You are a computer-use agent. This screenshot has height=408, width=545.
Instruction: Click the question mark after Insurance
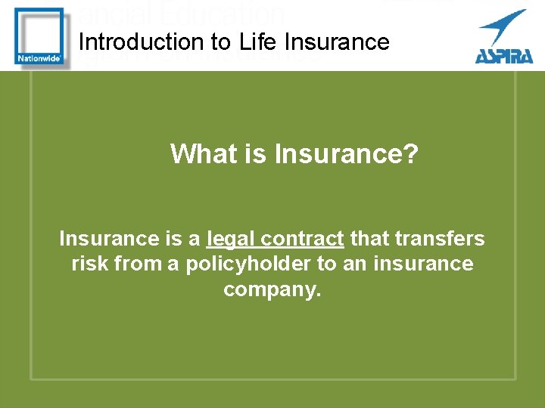tap(411, 154)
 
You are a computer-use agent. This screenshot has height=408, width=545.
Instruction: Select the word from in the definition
tap(135, 264)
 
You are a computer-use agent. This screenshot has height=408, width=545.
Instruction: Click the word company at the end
tap(272, 289)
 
